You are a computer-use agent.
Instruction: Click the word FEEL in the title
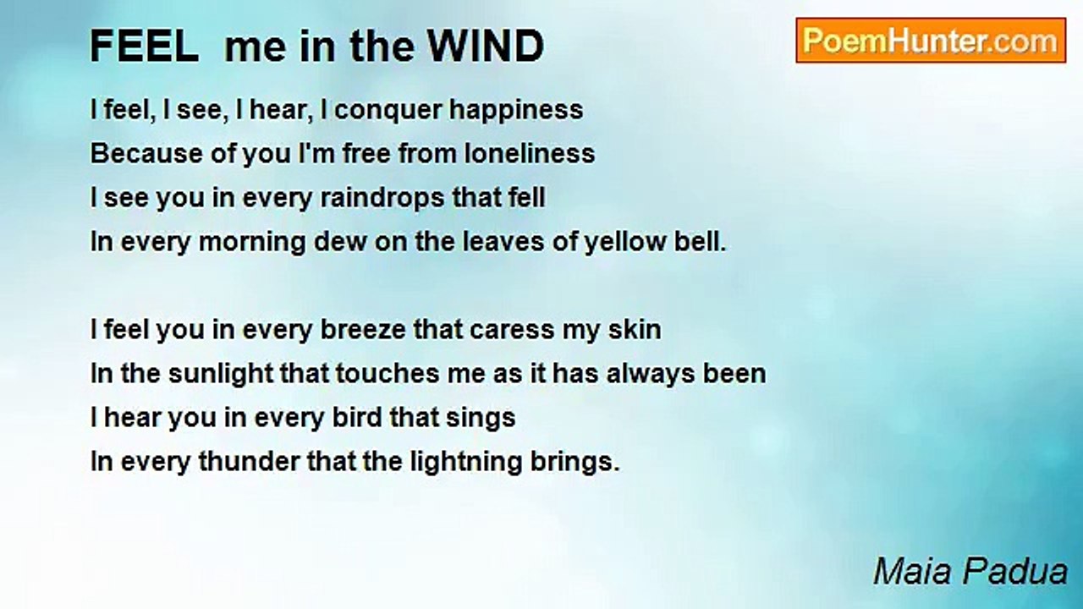click(x=144, y=46)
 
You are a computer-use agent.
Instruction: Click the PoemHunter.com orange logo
click(x=931, y=41)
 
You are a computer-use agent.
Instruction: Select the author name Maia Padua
click(x=970, y=571)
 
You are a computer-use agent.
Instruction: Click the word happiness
click(x=516, y=111)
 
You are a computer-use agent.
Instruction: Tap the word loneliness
click(x=530, y=153)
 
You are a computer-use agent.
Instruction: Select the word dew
click(x=340, y=241)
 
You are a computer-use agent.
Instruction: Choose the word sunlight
click(x=220, y=375)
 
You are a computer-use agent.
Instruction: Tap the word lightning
click(x=466, y=463)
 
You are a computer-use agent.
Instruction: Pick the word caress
click(x=512, y=331)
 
